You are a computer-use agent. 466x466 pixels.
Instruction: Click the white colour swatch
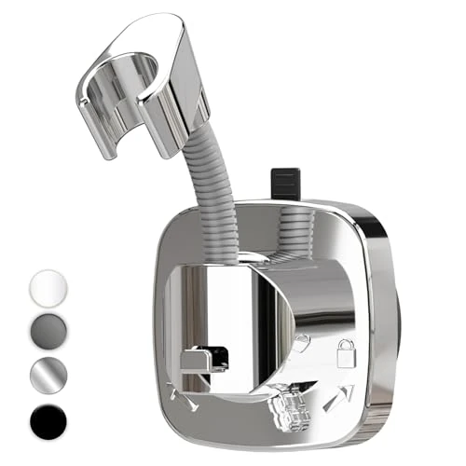pyautogui.click(x=49, y=286)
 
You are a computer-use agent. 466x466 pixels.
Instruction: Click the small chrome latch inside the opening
pyautogui.click(x=205, y=359)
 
